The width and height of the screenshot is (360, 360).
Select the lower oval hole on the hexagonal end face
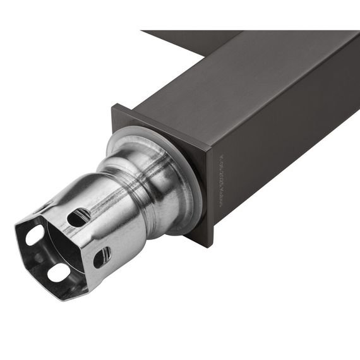(58, 272)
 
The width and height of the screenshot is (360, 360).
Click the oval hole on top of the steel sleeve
(79, 217)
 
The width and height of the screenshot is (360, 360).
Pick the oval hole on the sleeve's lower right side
(102, 256)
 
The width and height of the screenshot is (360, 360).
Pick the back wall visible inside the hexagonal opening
(54, 249)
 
